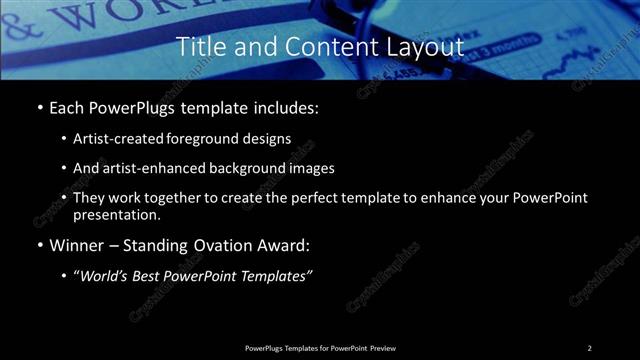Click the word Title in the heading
[199, 47]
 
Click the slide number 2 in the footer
[589, 348]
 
